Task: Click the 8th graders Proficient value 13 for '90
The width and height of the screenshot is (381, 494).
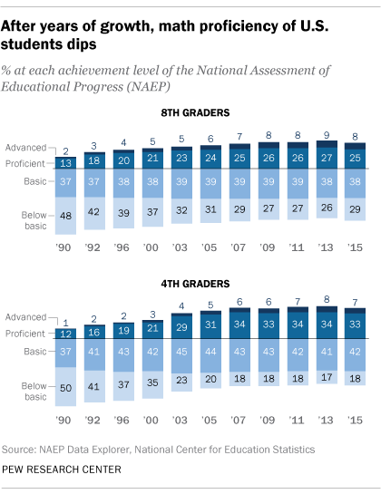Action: pos(64,162)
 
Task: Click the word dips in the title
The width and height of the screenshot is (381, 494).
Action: pos(86,41)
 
